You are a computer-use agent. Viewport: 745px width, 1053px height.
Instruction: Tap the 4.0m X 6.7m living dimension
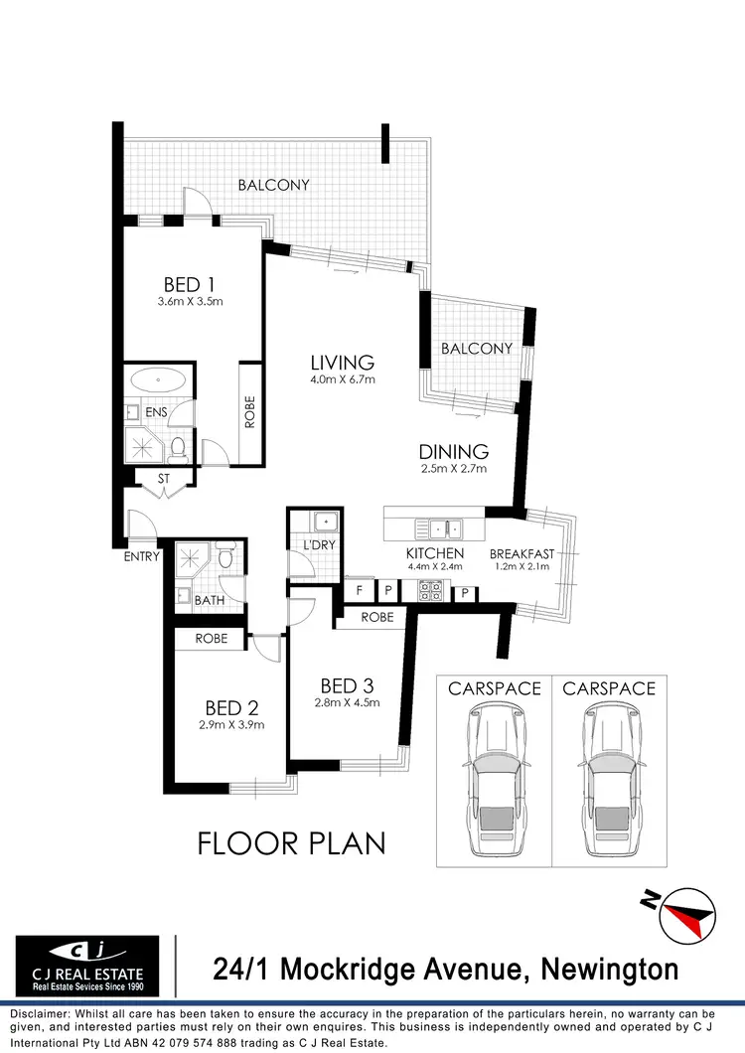pyautogui.click(x=342, y=379)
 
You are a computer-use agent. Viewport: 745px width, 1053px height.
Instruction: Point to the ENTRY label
pyautogui.click(x=141, y=556)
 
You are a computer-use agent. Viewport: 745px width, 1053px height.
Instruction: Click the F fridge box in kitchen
pyautogui.click(x=359, y=590)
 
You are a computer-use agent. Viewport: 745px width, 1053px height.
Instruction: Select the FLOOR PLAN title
pyautogui.click(x=291, y=844)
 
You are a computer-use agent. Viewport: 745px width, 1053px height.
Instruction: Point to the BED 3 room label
pyautogui.click(x=347, y=685)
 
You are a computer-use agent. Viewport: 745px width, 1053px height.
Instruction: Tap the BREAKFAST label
pyautogui.click(x=521, y=553)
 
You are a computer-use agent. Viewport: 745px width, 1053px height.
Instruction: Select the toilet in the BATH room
pyautogui.click(x=226, y=558)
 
